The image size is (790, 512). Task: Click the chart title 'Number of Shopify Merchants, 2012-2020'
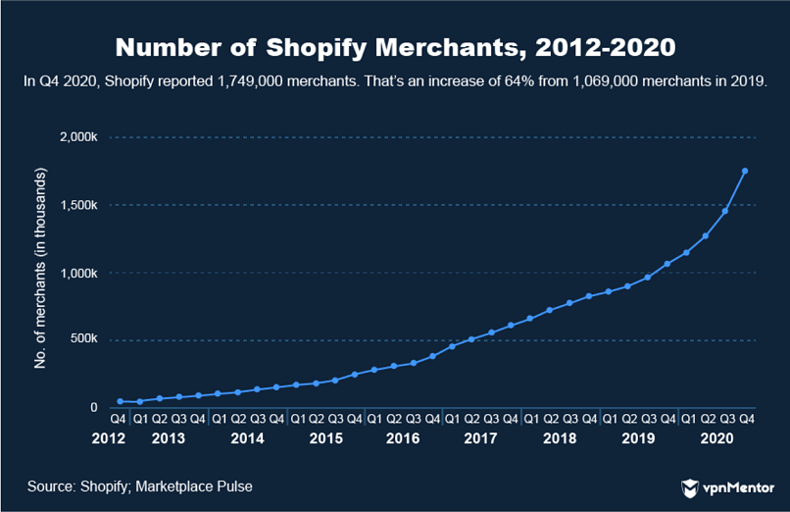click(x=394, y=47)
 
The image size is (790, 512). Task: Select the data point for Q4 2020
click(x=745, y=171)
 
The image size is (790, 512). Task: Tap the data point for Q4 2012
click(x=120, y=401)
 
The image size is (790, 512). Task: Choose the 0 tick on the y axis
click(x=95, y=408)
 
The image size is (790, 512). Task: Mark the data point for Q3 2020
click(x=725, y=211)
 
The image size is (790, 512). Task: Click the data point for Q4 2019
click(x=667, y=264)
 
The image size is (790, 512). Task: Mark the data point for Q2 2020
click(x=706, y=235)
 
